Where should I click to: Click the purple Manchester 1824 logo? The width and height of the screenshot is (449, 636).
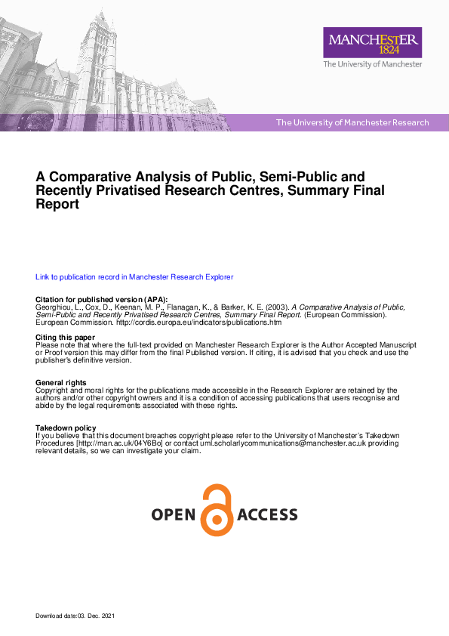point(372,42)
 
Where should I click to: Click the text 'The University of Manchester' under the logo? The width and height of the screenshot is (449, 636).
point(372,65)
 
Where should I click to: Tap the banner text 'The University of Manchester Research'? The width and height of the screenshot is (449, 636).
point(352,122)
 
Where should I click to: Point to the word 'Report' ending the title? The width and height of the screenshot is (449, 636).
point(57,204)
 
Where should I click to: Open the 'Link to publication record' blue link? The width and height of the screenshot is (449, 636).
point(134,277)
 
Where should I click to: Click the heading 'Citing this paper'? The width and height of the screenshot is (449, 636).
point(66,337)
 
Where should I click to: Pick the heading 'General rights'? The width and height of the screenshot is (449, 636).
point(61,383)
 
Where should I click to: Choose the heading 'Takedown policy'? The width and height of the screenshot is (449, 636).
point(67,428)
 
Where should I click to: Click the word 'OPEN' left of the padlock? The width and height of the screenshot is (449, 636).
point(175,515)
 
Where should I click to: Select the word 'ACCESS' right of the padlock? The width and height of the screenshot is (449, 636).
point(268,515)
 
